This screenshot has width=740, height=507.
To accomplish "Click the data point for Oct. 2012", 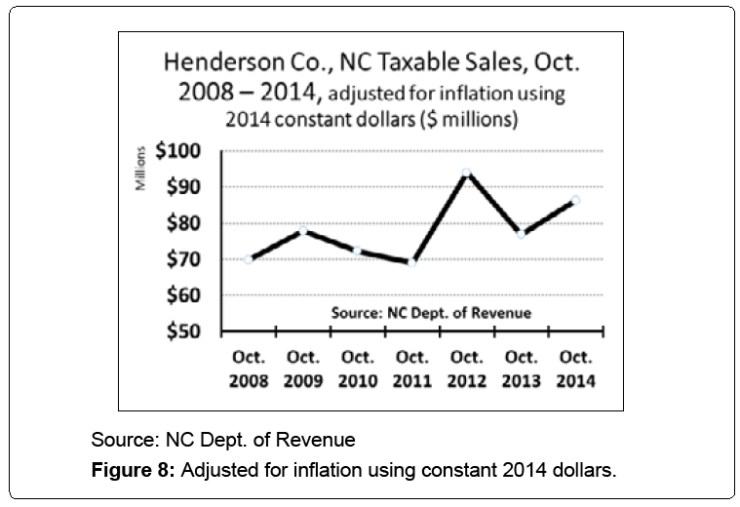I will [466, 173].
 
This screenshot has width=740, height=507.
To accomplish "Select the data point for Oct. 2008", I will [249, 259].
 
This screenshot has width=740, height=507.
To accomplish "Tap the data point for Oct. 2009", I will [303, 230].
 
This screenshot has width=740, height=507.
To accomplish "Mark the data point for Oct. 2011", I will [411, 262].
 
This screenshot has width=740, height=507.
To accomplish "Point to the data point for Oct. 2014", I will [575, 200].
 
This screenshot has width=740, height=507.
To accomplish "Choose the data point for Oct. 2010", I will [358, 251].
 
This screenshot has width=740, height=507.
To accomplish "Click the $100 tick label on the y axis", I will [183, 152].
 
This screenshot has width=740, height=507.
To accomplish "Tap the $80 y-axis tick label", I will [188, 224].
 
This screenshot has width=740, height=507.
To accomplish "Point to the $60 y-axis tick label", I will [188, 295].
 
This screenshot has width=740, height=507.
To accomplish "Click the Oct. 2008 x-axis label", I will [248, 368].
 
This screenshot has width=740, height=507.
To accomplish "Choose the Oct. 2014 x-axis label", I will [575, 368].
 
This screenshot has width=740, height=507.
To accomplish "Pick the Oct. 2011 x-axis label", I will [411, 368].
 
